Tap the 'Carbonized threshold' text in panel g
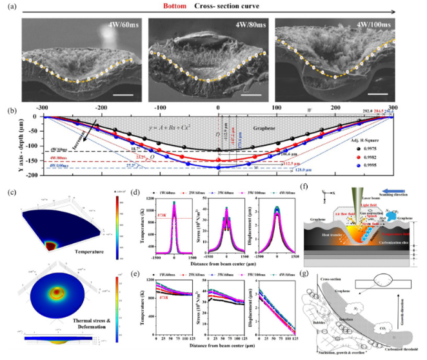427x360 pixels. point(395,344)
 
